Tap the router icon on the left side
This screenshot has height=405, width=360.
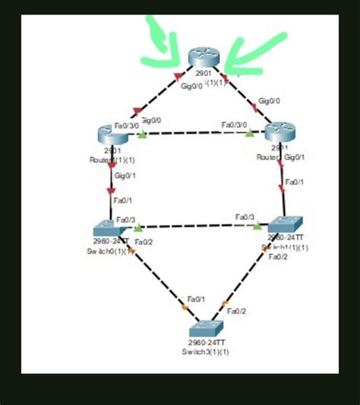click(x=111, y=135)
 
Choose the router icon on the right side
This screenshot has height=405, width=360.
click(x=278, y=131)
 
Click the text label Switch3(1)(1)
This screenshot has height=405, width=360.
click(x=205, y=352)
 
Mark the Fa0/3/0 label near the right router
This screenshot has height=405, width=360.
click(x=234, y=125)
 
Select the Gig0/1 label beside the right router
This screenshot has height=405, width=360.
click(x=295, y=157)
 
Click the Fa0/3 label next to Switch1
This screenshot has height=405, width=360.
click(x=245, y=217)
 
